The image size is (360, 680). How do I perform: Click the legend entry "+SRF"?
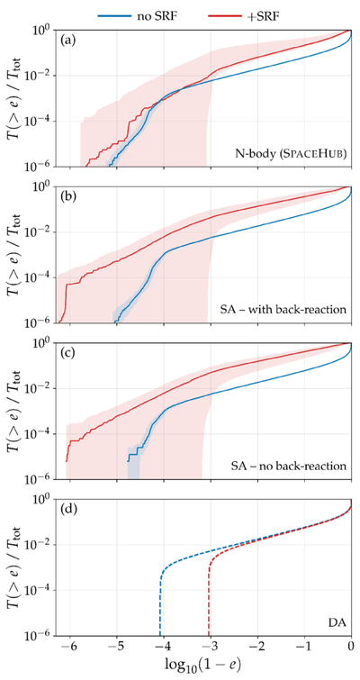pyautogui.click(x=243, y=15)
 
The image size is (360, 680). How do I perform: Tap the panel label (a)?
pyautogui.click(x=69, y=41)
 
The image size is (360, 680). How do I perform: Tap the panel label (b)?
pyautogui.click(x=69, y=197)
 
